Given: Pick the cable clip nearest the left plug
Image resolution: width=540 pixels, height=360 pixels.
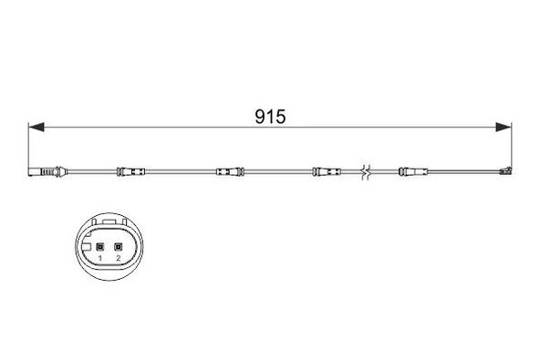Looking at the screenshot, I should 131,171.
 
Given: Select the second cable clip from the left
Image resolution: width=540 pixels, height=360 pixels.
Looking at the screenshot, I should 227,171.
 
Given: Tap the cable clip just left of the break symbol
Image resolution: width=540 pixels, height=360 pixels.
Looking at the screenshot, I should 325,171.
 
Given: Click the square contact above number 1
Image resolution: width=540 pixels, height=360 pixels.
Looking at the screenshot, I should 99,246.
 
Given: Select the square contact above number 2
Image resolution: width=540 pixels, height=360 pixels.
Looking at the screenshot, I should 118,246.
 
